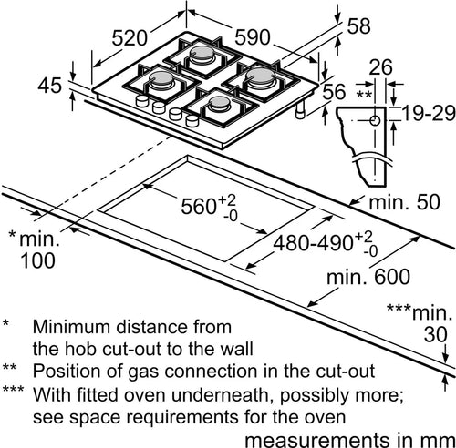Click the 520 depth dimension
pos(130,38)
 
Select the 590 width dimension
pos(253,37)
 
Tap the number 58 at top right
pos(358,25)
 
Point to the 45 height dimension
pos(50,86)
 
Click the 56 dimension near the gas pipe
pos(334,92)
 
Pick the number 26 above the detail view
pos(380,66)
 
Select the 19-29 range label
pos(429,114)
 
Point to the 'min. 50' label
pos(404,202)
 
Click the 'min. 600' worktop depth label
pos(368,277)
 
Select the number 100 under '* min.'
pos(37,260)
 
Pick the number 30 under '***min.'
pos(436,334)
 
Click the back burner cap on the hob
pos(202,52)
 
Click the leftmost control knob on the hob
pos(141,100)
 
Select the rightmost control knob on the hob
pos(192,120)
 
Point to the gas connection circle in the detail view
pos(375,120)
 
